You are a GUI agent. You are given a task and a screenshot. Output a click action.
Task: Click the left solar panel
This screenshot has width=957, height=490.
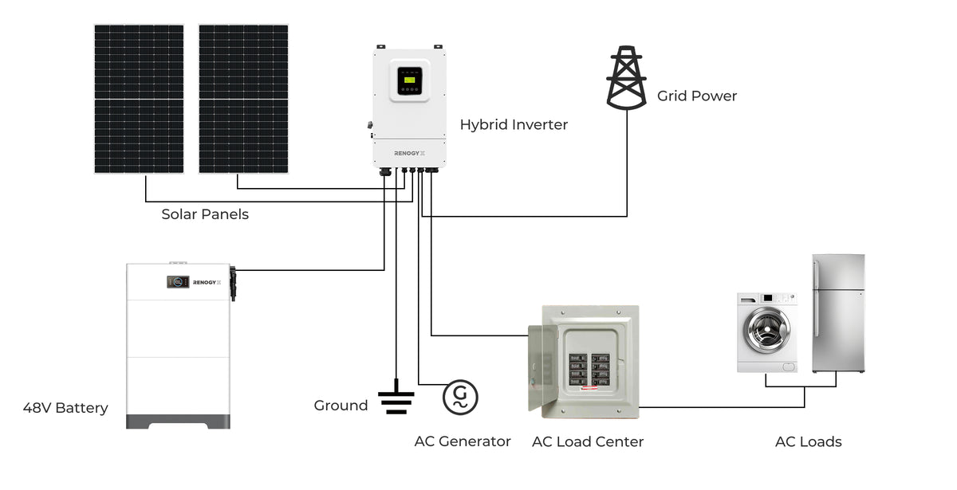click(139, 99)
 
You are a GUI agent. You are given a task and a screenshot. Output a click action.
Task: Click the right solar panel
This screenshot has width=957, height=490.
click(243, 99)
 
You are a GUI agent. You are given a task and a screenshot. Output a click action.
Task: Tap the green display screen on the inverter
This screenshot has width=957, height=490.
click(409, 80)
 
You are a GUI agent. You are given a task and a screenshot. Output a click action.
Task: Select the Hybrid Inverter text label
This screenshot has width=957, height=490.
click(514, 125)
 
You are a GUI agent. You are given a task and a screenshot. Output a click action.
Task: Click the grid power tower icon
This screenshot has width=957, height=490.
click(626, 77)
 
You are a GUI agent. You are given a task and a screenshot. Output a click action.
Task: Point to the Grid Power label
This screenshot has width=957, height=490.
click(697, 96)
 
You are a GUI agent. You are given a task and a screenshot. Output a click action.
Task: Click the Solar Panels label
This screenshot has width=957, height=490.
click(205, 214)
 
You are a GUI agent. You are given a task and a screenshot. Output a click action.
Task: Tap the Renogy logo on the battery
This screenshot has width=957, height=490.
click(211, 281)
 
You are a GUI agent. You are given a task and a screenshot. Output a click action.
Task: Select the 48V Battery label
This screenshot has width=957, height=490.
click(65, 408)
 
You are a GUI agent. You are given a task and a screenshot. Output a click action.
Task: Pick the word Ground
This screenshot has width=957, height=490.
click(341, 406)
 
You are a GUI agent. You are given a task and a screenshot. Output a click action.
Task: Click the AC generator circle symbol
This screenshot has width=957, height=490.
click(460, 397)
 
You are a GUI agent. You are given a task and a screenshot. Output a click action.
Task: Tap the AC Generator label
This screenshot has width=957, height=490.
click(463, 441)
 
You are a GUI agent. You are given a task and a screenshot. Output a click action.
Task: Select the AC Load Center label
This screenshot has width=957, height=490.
click(588, 442)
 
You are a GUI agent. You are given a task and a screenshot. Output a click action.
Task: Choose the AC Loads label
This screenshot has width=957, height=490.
click(808, 442)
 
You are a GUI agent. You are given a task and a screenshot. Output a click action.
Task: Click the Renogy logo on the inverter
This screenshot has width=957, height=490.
click(408, 153)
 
